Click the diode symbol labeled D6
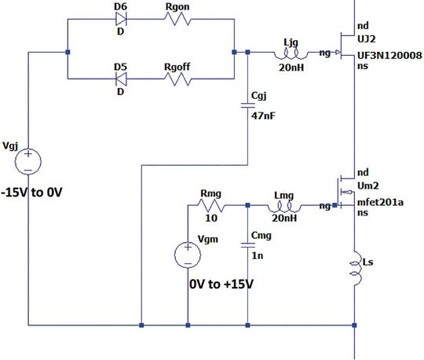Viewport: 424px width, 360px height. point(122,25)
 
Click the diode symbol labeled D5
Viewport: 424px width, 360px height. point(122,79)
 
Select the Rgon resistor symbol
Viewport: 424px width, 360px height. point(181,25)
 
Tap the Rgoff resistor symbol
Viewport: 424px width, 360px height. point(181,79)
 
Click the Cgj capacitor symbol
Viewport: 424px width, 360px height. point(249,108)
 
